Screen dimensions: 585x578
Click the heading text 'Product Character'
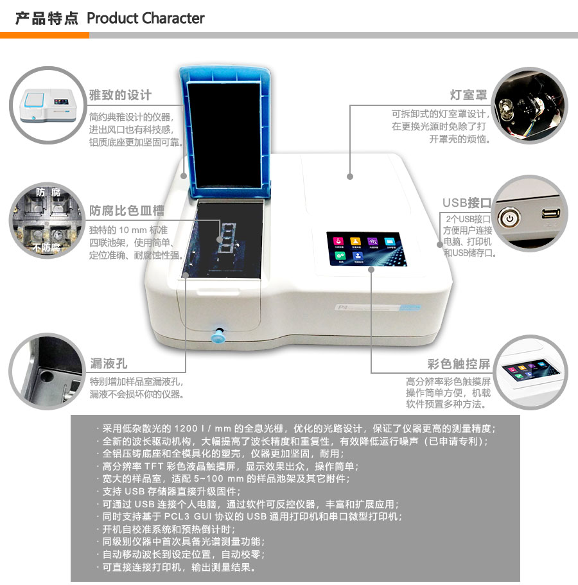tap(145, 18)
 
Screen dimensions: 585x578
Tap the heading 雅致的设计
tap(121, 95)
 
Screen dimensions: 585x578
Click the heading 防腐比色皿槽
tap(127, 210)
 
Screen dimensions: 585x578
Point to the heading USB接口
tap(466, 203)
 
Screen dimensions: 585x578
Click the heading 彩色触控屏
tap(459, 364)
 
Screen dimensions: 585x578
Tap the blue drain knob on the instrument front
tap(220, 335)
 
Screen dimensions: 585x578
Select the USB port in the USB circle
tap(550, 214)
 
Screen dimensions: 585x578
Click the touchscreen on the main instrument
tap(362, 249)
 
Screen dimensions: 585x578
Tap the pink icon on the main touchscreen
tap(337, 241)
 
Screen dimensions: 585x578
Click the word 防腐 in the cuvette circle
tap(48, 192)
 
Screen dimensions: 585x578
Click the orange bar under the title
tap(44, 35)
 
